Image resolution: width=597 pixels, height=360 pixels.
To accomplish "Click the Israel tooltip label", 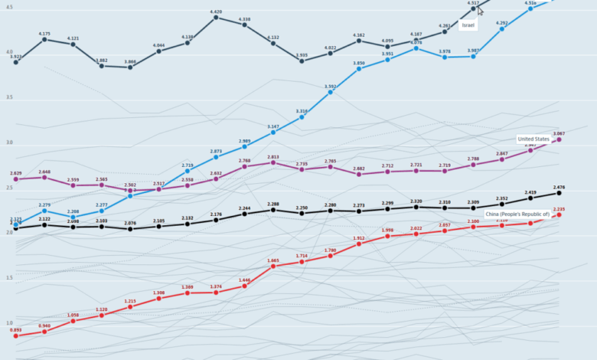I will (468, 25).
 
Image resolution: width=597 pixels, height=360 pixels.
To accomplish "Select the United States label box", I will (533, 139).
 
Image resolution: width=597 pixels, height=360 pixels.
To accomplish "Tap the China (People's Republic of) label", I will (517, 214).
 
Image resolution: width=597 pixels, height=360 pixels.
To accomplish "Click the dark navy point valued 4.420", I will (216, 17).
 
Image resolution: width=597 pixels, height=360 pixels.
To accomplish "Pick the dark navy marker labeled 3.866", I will (130, 67).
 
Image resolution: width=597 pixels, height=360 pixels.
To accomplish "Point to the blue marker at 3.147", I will (273, 133).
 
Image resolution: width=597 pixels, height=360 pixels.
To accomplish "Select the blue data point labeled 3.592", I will (331, 92).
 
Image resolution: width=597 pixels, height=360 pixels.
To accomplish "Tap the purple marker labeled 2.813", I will (273, 162).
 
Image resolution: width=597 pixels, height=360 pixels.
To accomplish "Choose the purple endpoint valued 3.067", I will (559, 139).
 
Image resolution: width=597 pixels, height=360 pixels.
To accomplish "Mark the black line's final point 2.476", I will (559, 193).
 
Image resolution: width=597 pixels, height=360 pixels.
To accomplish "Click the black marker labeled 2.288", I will (273, 210).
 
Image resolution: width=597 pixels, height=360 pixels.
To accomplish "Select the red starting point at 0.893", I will (15, 335).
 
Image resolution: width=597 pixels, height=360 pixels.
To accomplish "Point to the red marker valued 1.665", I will (273, 266).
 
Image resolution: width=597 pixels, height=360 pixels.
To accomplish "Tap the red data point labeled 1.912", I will (359, 244).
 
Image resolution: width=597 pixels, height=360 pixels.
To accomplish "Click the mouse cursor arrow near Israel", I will (481, 11).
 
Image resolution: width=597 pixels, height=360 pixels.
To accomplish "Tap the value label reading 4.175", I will (44, 34).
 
